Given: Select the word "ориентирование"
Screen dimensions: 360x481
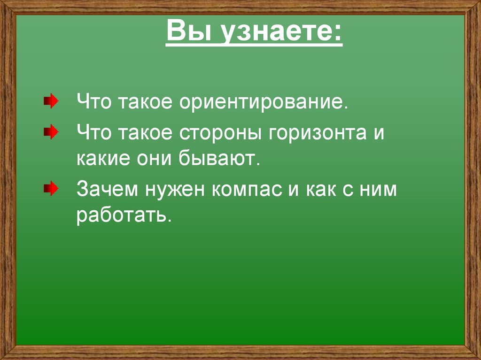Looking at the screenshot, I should pyautogui.click(x=263, y=101).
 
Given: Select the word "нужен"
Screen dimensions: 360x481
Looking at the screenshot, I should pyautogui.click(x=176, y=191).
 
